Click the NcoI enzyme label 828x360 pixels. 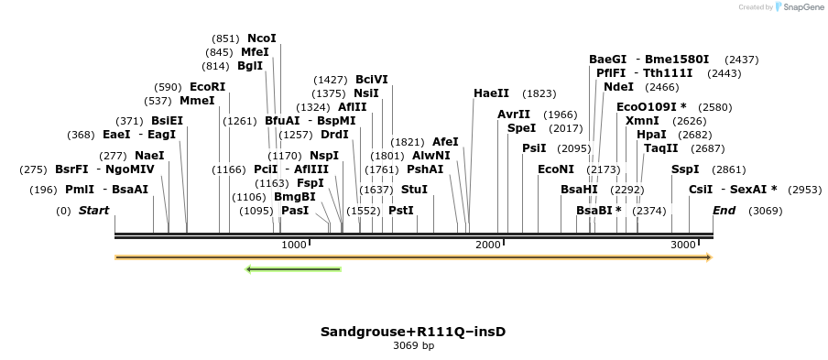(x=261, y=38)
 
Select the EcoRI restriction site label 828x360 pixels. (x=207, y=87)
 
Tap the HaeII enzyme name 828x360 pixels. (x=491, y=93)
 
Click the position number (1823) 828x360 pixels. (x=539, y=93)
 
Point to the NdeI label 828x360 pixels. (x=618, y=87)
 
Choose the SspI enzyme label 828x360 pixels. (x=685, y=169)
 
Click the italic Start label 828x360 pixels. (x=93, y=211)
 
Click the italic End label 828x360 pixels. (x=724, y=211)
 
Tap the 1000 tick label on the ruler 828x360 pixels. (x=294, y=245)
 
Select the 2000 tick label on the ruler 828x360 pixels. (x=488, y=245)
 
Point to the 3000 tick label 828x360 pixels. (x=683, y=245)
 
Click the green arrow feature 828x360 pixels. (x=293, y=269)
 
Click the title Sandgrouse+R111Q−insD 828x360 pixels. (x=413, y=332)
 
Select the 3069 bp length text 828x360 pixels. (x=413, y=346)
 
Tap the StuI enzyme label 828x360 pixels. (x=414, y=190)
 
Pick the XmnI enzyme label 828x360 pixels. (x=642, y=121)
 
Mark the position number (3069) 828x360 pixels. (x=765, y=211)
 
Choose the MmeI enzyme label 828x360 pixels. (x=197, y=101)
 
